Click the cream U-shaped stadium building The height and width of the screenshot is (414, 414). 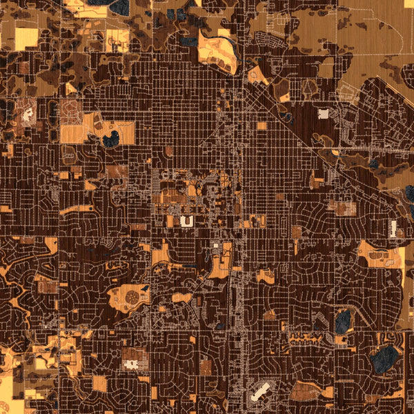[x=186, y=221]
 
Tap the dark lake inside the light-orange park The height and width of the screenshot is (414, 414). [x=110, y=139]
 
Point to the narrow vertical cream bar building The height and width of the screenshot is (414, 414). [x=393, y=229]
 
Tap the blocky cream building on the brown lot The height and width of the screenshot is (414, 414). [x=134, y=360]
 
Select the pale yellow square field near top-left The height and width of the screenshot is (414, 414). [x=26, y=39]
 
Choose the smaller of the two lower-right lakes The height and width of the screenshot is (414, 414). [x=342, y=319]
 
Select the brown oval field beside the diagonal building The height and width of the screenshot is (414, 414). [x=304, y=391]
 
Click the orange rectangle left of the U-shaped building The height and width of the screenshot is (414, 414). [x=170, y=221]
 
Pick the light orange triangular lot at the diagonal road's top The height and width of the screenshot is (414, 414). [x=257, y=77]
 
